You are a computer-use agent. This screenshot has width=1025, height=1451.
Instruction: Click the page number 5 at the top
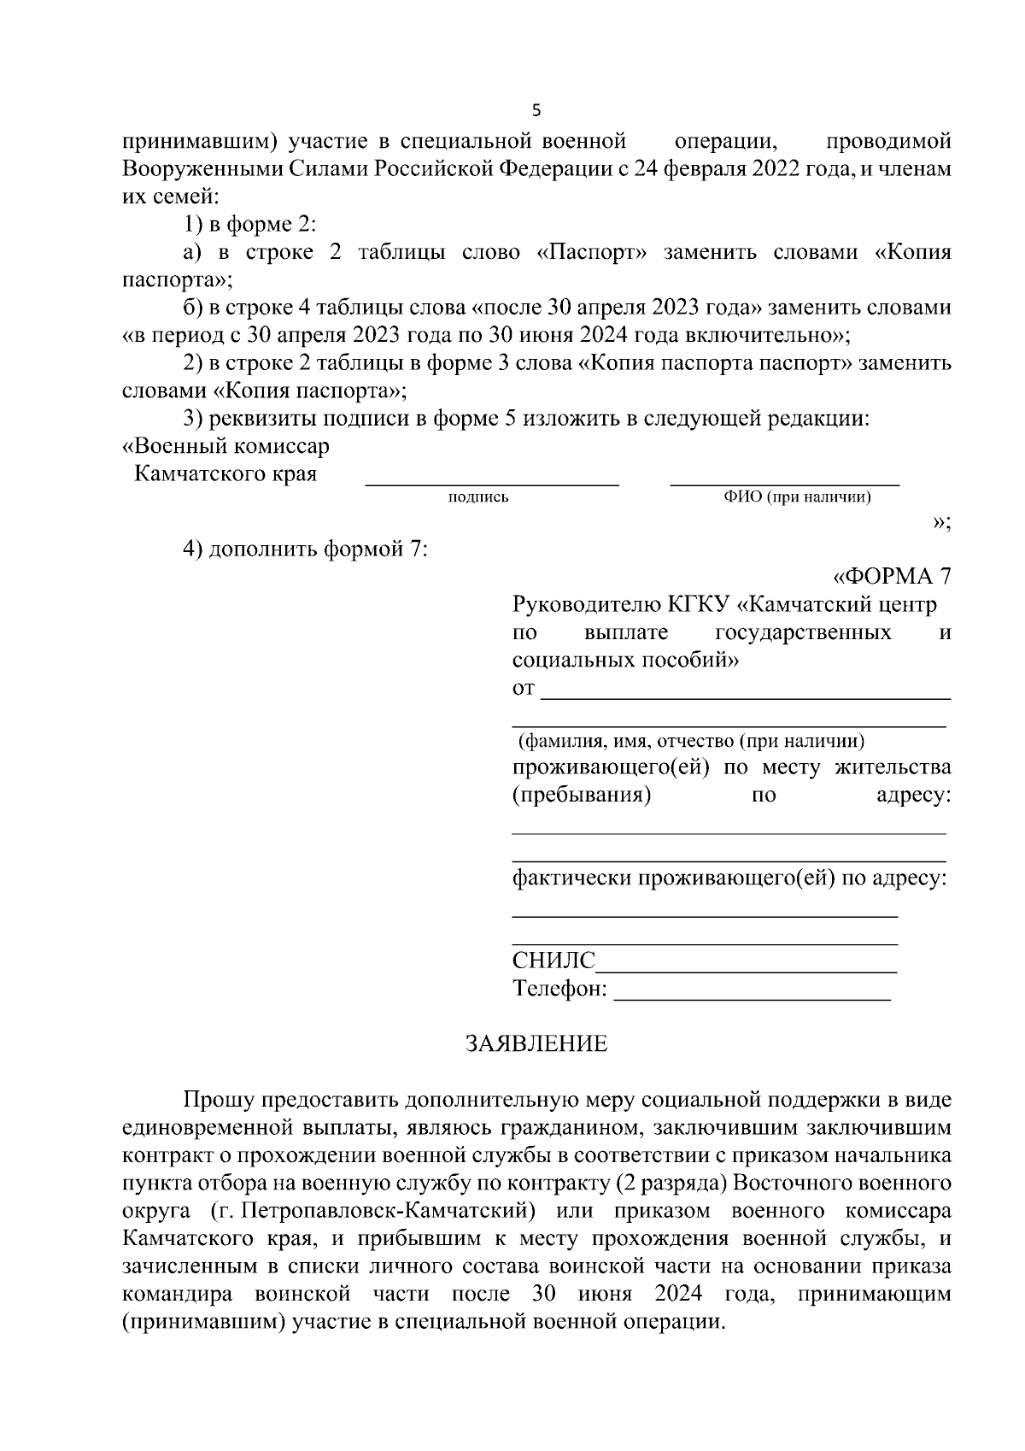coord(536,110)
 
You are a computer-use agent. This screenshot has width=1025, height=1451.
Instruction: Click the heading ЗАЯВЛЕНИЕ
coord(536,1043)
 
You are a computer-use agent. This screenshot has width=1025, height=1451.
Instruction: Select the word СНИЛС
coord(553,960)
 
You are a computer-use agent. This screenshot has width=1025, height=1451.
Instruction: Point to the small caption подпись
coord(478,498)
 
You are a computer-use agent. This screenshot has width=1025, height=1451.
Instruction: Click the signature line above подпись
coord(492,485)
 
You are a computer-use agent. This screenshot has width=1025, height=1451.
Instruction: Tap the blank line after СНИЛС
coord(746,971)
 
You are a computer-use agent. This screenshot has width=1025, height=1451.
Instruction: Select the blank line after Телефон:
coord(752,998)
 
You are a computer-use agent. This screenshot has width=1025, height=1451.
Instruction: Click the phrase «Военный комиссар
coord(226,446)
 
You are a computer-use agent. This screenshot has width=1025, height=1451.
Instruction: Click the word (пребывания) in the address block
coord(582,796)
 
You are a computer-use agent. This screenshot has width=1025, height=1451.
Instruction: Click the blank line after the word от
coord(746,697)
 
